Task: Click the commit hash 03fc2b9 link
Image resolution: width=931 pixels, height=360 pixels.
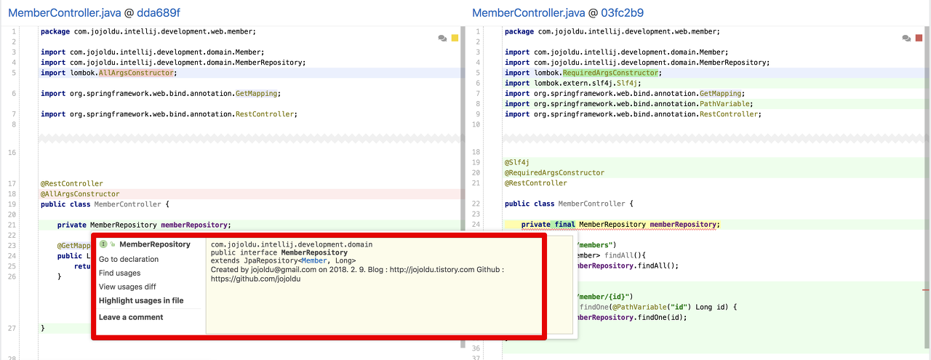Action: coord(622,13)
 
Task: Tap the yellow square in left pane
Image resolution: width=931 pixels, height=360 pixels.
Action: coord(455,38)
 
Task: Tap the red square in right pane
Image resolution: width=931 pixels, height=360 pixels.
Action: coord(919,38)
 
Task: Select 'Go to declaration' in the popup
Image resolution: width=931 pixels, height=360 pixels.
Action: coord(129,259)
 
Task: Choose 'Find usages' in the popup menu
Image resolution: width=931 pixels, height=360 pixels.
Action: coord(120,273)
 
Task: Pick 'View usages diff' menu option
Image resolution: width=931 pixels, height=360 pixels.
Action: coord(127,287)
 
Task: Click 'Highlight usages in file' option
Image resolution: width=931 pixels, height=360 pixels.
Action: coord(141,300)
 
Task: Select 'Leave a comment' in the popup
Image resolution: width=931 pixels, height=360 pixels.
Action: coord(131,317)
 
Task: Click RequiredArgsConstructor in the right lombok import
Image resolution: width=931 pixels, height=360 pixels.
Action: coord(610,73)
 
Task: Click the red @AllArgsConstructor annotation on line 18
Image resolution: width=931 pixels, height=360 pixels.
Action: coord(80,194)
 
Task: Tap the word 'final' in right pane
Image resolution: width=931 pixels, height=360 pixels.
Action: coord(564,225)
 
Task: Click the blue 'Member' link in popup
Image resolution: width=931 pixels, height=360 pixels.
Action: coord(314,261)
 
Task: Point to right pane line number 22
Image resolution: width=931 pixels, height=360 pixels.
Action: coord(476,204)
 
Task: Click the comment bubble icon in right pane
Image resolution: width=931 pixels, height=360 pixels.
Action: coord(906,38)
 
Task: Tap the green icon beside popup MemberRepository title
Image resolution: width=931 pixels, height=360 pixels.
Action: coord(103,244)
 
